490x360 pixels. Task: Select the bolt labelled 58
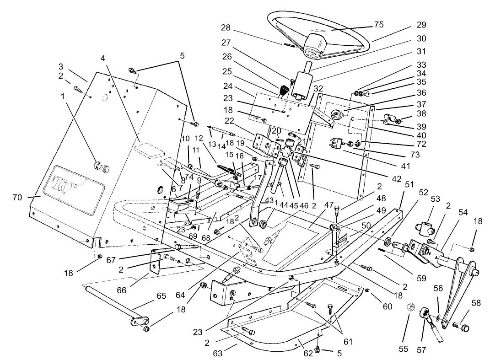(461, 326)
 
